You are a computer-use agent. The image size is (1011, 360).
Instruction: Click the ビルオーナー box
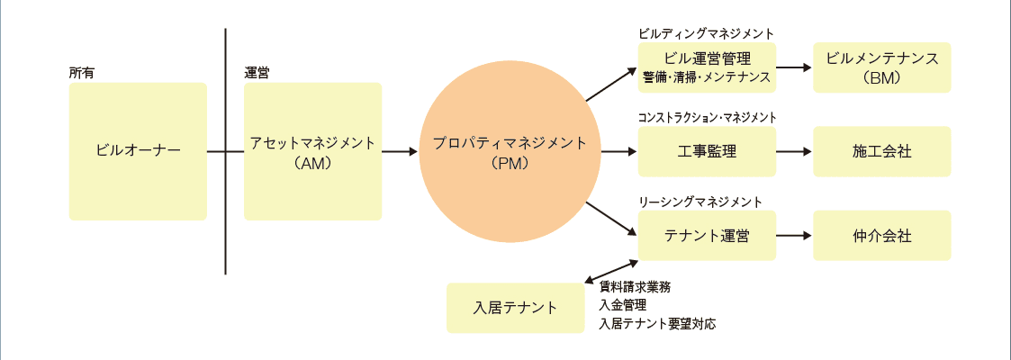[138, 151]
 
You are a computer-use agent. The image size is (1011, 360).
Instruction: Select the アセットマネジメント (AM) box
[312, 151]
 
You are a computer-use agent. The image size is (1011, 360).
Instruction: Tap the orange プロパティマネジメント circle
[510, 151]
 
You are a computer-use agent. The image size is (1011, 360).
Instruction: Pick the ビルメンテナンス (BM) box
[882, 67]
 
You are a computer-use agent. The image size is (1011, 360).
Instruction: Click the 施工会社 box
[882, 151]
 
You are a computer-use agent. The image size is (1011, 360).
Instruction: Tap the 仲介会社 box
[882, 236]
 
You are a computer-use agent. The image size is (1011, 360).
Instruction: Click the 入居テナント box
[515, 308]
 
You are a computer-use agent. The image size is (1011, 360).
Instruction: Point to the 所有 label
[82, 72]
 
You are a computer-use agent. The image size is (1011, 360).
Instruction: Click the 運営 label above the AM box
[257, 72]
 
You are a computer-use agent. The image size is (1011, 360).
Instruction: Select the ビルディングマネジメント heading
[706, 33]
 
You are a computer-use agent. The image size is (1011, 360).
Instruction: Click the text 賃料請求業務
[635, 287]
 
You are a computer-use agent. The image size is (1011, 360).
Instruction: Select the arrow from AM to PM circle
[400, 151]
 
